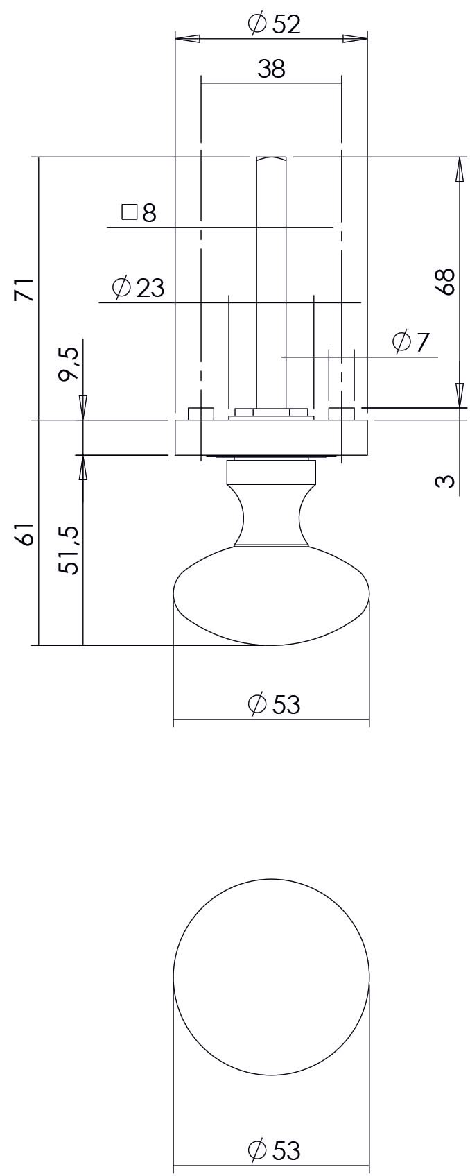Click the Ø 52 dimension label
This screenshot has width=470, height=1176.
coord(274,25)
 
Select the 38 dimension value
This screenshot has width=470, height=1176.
coord(271,69)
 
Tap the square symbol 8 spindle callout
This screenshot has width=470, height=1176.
coord(139,212)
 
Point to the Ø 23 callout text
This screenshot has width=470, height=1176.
coord(139,287)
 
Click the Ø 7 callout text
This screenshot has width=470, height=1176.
coord(411,342)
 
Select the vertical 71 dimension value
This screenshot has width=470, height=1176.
coord(24,289)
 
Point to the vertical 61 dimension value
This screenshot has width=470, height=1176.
coord(24,535)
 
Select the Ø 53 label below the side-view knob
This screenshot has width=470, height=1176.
coord(274,704)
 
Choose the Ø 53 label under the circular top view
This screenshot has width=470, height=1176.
coord(274,1150)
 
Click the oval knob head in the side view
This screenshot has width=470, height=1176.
coord(271,595)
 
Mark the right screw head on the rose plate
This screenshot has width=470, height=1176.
coord(341,414)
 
